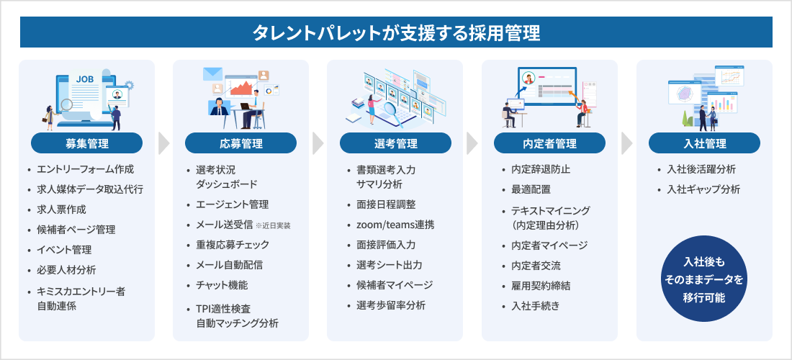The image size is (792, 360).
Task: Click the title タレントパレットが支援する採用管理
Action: click(396, 32)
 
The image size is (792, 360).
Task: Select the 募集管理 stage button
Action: click(86, 143)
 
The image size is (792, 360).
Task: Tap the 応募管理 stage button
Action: click(240, 143)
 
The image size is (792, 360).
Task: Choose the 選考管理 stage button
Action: click(395, 143)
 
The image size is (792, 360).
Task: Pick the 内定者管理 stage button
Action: click(549, 143)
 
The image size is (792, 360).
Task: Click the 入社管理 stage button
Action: click(704, 143)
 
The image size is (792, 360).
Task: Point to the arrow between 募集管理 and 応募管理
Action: click(163, 143)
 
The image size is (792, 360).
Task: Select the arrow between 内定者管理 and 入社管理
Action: click(626, 143)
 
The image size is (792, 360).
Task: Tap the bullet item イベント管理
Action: click(66, 250)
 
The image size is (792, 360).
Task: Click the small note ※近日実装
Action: click(273, 225)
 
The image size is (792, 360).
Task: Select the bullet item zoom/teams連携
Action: click(390, 225)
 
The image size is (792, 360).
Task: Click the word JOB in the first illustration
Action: click(85, 79)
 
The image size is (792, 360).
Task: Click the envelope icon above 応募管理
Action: click(213, 73)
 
